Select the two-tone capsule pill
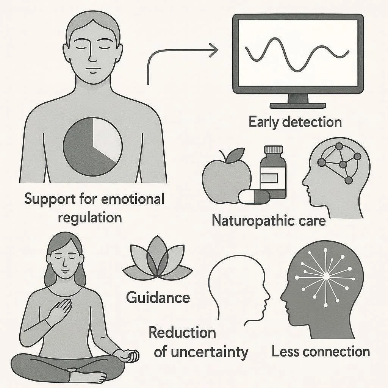[x=254, y=196]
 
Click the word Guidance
[x=158, y=297]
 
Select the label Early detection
[x=295, y=122]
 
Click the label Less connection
[x=321, y=351]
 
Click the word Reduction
[x=182, y=332]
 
